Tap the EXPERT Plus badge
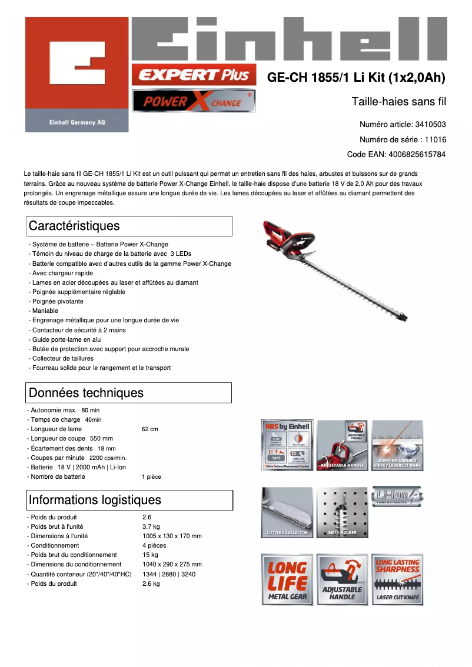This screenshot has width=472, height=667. pos(194,75)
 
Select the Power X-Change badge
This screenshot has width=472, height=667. pos(194,101)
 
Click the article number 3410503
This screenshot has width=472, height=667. pos(430,125)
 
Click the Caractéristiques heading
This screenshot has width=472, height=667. pos(129,226)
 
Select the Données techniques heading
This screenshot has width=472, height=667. pos(129,393)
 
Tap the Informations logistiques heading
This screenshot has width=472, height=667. pos(130,500)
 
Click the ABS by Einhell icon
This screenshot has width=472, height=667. pos(287,445)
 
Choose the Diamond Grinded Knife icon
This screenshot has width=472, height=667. pos(397,445)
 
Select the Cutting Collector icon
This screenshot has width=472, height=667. pos(287,512)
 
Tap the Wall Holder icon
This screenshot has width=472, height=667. pos(342,512)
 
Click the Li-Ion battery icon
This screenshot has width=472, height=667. pos(397,498)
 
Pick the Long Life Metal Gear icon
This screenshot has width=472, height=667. pos(287,579)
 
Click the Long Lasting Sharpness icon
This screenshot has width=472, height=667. pos(397,579)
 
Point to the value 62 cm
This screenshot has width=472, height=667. pos(150,429)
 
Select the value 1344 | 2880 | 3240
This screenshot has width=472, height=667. pos(169,574)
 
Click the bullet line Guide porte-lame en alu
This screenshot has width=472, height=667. pos(66,339)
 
